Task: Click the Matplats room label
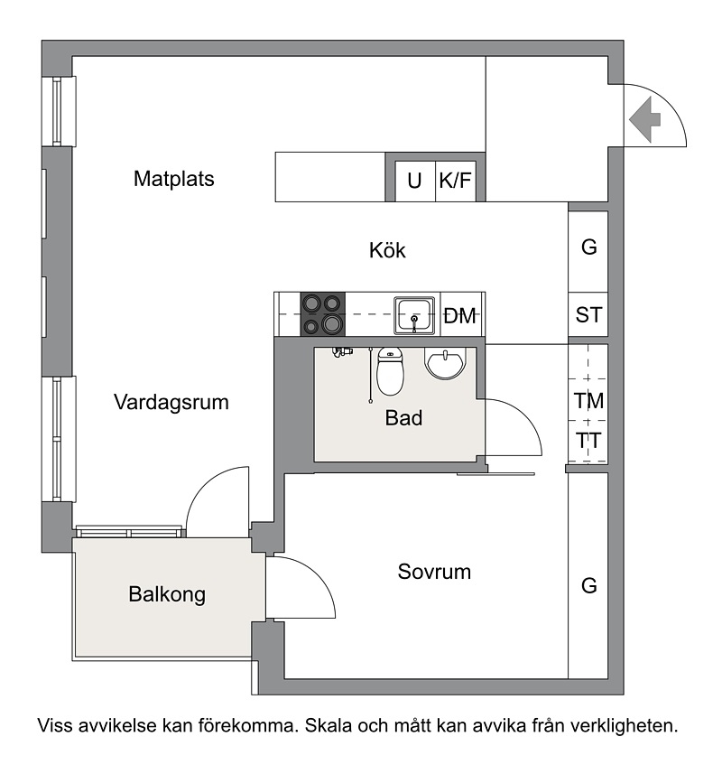point(173,179)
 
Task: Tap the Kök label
point(387,250)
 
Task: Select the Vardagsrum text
point(171,402)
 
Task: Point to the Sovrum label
point(434,572)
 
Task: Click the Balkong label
point(167,594)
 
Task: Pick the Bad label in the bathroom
point(403,418)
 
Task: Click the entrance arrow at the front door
point(645,119)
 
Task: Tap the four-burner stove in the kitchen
point(323,314)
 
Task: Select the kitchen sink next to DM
point(414,315)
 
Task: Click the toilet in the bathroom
point(391,371)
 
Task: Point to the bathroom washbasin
point(445,363)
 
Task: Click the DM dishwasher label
point(459,316)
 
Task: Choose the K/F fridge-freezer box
point(456,182)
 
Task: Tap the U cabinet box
point(415,182)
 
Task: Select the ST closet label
point(588,315)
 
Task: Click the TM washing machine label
point(588,401)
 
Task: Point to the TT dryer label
point(588,441)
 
